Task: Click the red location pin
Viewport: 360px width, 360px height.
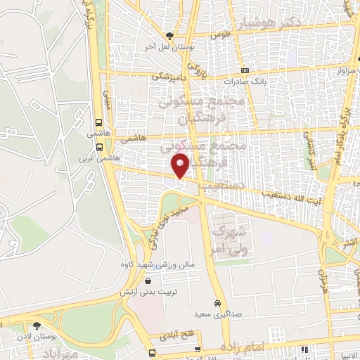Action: [181, 167]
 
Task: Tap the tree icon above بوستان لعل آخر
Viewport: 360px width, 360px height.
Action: [169, 35]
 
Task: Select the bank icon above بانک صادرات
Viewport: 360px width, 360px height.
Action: [245, 70]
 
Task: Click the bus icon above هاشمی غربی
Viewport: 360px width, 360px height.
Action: [99, 148]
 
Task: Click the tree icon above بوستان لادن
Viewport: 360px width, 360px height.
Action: [37, 326]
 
